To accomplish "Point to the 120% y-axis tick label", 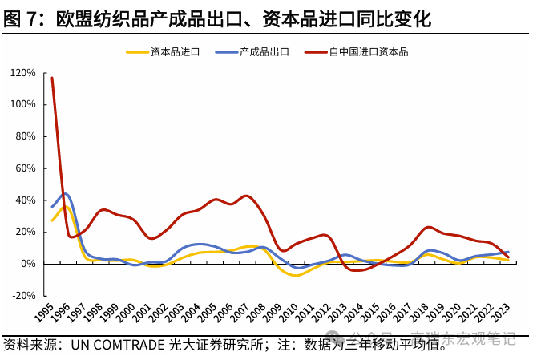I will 23,73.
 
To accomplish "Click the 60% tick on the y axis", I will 26,168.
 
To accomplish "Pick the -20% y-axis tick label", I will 25,295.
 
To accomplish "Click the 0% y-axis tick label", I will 29,264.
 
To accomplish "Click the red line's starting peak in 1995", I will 52,78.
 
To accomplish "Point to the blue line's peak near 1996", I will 66,193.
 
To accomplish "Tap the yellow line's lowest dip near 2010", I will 297,275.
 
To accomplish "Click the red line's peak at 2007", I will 246,196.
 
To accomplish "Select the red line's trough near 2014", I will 357,270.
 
